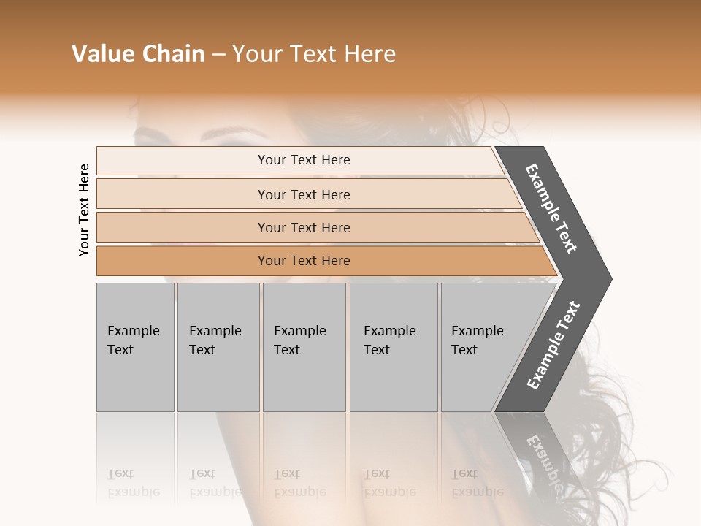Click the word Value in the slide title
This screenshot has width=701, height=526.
point(101,54)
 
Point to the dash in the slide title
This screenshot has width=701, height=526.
point(218,55)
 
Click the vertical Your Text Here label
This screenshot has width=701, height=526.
point(84,210)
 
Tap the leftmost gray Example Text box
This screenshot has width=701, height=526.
point(135,347)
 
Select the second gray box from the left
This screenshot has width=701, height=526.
point(218,347)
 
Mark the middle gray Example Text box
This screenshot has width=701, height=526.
point(304,347)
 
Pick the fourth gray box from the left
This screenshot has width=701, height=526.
point(394,347)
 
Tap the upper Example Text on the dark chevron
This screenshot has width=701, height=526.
point(552,207)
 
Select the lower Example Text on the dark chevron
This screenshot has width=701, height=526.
point(553,345)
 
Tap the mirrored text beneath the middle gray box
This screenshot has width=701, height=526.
point(299,482)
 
